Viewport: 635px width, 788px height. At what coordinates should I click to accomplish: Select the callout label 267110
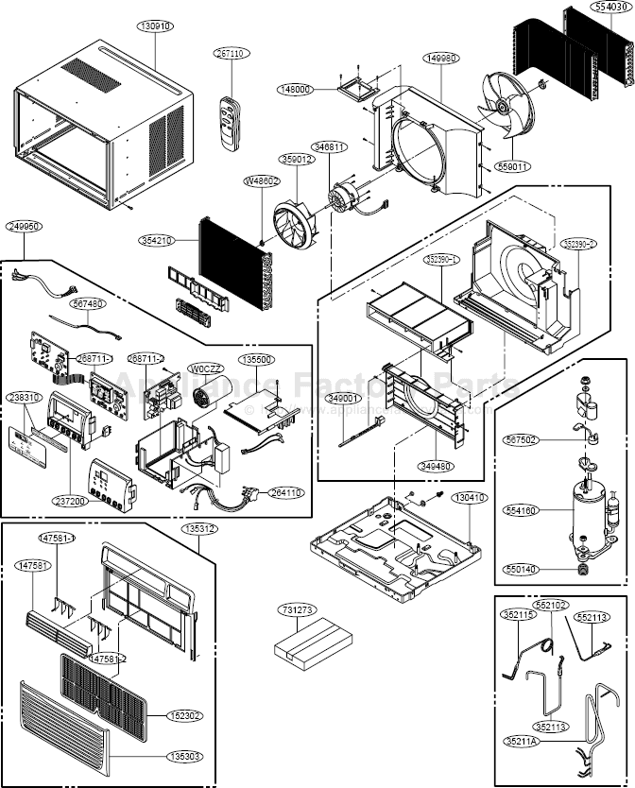(x=230, y=54)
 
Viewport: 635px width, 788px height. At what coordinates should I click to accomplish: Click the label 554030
(x=609, y=6)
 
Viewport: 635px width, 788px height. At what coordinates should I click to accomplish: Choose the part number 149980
(x=442, y=59)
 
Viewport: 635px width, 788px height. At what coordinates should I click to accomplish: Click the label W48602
(x=262, y=180)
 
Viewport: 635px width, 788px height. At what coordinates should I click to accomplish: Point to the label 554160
(x=521, y=510)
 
